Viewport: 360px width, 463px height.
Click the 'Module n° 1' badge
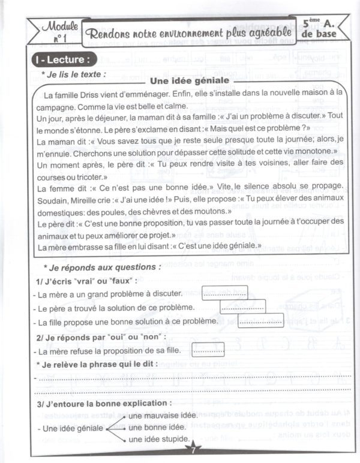click(53, 31)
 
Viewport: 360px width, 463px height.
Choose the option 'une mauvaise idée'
click(163, 416)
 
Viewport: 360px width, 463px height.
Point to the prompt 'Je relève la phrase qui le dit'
click(97, 364)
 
